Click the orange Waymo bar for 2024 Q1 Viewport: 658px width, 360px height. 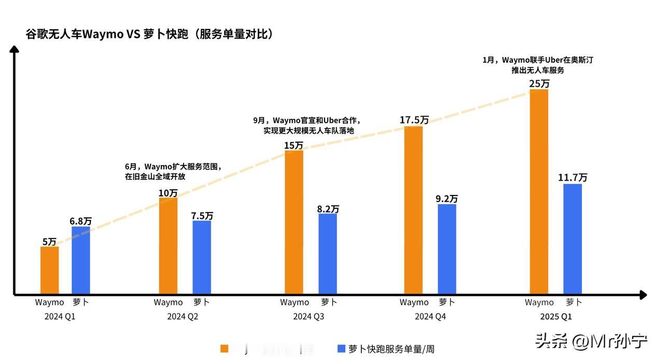coord(49,270)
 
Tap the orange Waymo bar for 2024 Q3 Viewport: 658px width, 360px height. coord(294,222)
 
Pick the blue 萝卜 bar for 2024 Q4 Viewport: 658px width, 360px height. coord(447,249)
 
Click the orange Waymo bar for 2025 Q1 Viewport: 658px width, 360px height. coord(539,192)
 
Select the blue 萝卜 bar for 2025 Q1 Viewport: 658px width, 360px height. coord(572,239)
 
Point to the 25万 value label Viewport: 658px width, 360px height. coord(539,84)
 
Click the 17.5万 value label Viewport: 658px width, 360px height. coord(414,120)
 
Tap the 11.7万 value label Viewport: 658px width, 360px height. coord(572,177)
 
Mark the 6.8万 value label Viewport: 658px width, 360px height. coord(80,221)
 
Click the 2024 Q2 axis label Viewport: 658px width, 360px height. coord(183,316)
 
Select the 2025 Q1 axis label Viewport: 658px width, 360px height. coord(555,316)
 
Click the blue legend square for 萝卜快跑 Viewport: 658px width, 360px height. coord(341,349)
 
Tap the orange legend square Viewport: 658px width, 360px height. coord(225,349)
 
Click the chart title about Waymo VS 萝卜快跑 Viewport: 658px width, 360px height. coord(149,34)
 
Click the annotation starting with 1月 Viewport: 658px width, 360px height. coord(538,65)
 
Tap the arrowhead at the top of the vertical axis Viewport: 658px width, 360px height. coord(15,49)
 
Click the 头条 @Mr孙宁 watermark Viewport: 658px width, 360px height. coord(591,341)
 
